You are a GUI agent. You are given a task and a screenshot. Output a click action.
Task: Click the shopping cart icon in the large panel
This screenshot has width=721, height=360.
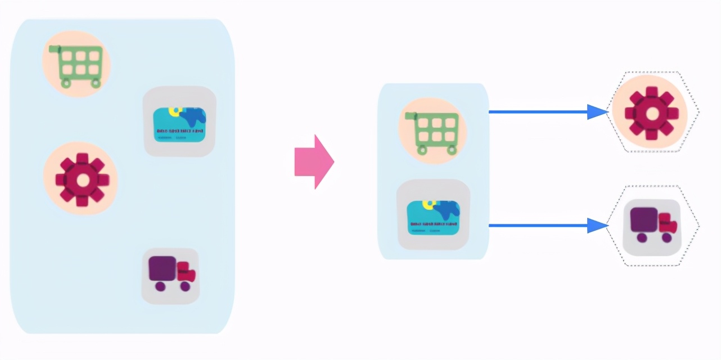[77, 64]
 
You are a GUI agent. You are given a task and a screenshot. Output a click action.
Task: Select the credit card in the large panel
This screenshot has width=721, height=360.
[179, 124]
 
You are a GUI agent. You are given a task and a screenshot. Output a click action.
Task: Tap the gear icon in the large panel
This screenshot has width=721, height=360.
[80, 179]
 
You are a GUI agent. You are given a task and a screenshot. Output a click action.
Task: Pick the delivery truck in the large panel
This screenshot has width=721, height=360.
[171, 273]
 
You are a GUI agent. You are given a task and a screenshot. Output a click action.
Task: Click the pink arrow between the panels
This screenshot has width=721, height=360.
[314, 162]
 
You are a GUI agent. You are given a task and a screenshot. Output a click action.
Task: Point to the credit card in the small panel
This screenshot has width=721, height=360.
[433, 217]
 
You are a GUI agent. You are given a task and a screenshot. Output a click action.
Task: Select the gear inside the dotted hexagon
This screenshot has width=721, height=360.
[651, 112]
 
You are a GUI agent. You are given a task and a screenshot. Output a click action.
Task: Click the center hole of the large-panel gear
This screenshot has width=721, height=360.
[82, 180]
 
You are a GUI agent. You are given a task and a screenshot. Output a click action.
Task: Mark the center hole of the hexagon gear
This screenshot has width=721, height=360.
[652, 114]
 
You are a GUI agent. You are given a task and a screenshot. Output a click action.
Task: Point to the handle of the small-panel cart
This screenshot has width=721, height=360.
[410, 116]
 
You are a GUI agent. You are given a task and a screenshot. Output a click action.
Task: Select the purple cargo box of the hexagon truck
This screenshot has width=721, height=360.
[644, 219]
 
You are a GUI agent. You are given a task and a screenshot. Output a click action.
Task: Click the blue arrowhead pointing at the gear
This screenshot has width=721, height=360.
[596, 112]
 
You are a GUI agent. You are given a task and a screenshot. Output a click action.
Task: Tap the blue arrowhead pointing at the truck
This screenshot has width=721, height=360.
[596, 226]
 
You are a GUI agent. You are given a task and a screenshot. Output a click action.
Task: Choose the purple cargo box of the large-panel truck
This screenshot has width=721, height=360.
[163, 268]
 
